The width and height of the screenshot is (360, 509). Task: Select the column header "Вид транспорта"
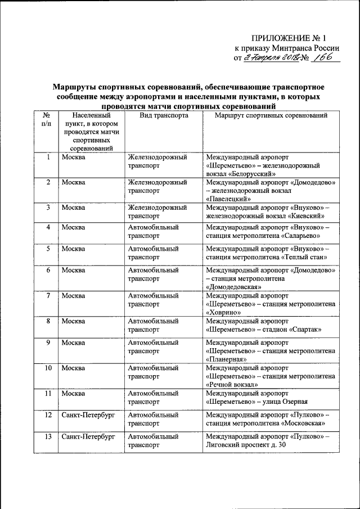pyautogui.click(x=164, y=115)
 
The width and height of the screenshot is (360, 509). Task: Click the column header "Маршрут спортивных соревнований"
pyautogui.click(x=272, y=115)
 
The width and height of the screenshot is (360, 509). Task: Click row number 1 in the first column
pyautogui.click(x=49, y=157)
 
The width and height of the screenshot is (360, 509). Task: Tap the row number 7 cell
pyautogui.click(x=49, y=295)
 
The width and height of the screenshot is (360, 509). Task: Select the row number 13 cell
pyautogui.click(x=49, y=436)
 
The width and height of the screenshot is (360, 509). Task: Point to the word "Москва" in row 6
pyautogui.click(x=74, y=271)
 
